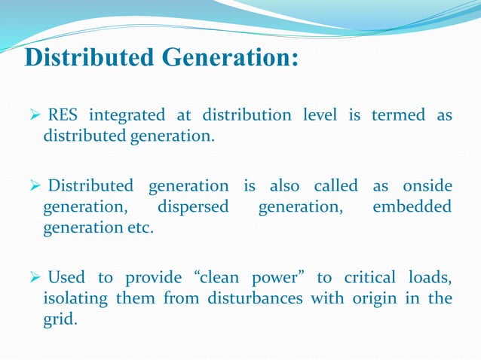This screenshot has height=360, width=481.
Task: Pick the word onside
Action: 427,185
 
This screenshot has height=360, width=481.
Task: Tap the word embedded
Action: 412,206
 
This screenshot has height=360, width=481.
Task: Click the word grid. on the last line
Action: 60,319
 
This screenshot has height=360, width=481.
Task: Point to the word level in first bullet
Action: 320,115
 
